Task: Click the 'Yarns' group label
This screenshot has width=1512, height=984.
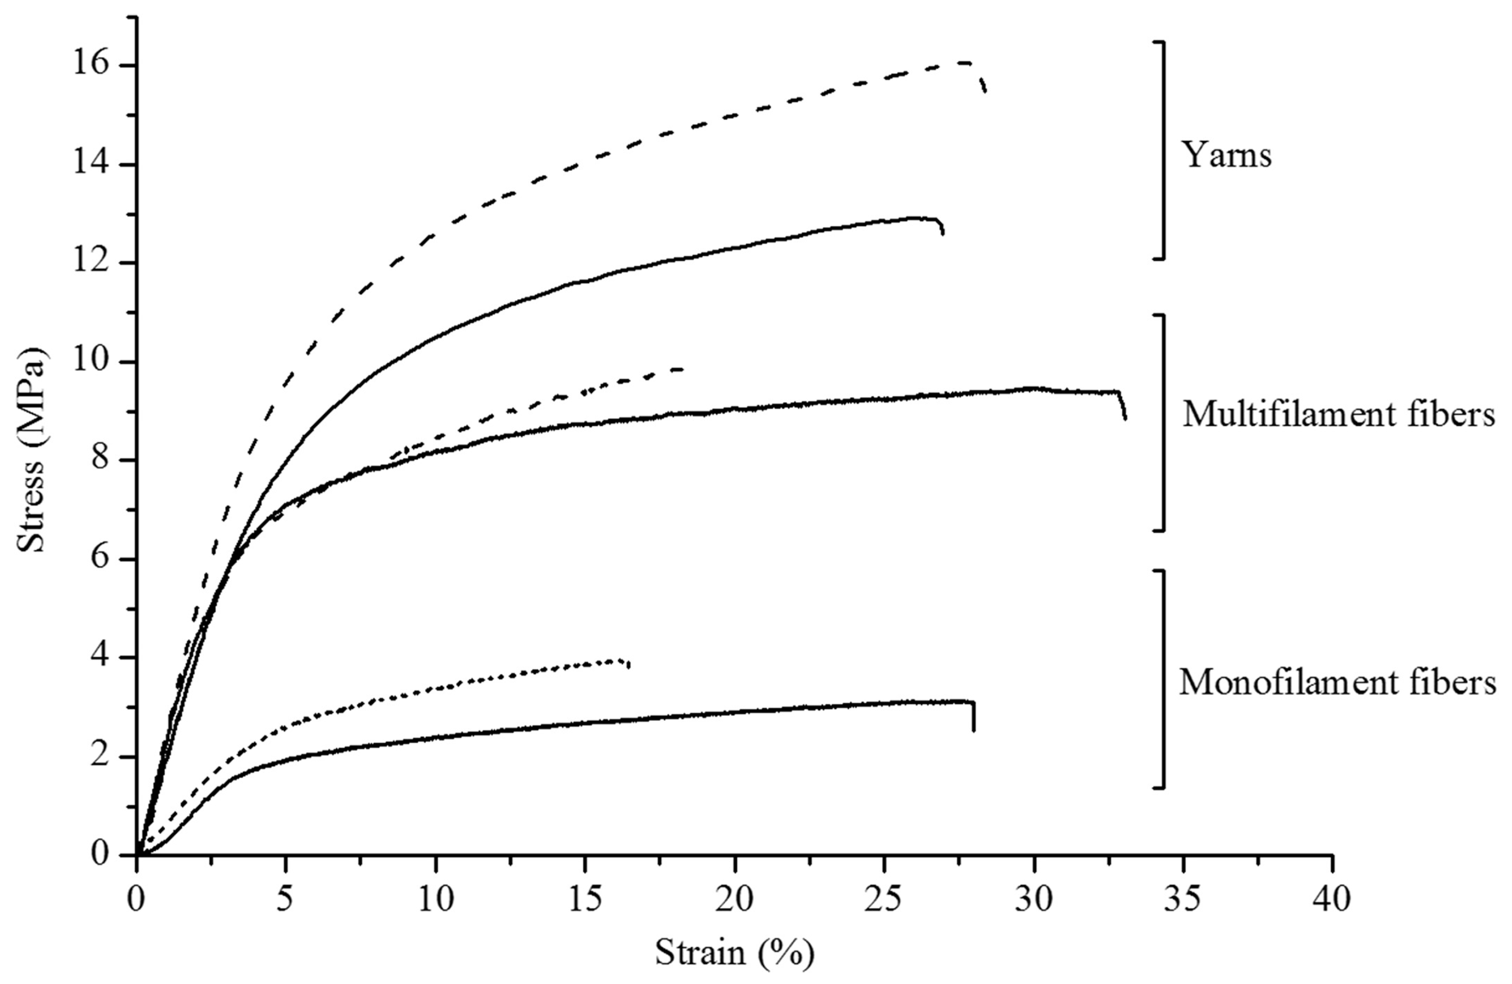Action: point(1226,155)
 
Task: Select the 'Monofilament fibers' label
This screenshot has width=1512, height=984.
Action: point(1337,683)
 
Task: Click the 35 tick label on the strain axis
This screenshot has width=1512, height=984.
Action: point(1183,899)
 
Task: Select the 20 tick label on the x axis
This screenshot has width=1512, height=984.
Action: point(735,899)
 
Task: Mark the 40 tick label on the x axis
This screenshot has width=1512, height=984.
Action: point(1332,899)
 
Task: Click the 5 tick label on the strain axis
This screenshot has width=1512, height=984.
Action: point(286,899)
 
